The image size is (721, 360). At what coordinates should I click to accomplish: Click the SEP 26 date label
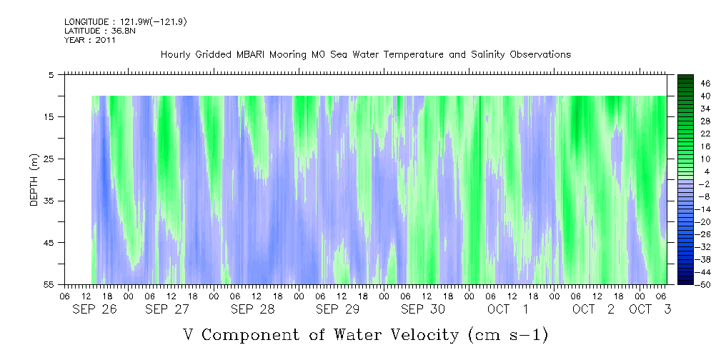click(x=95, y=309)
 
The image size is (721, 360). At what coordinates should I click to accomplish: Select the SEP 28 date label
click(x=253, y=309)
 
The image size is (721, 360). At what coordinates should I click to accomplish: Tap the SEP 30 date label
click(x=423, y=309)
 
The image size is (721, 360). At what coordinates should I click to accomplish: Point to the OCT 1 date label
click(x=508, y=309)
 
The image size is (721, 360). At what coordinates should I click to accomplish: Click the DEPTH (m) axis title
click(x=34, y=179)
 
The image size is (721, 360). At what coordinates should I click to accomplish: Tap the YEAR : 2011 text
click(x=90, y=40)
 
